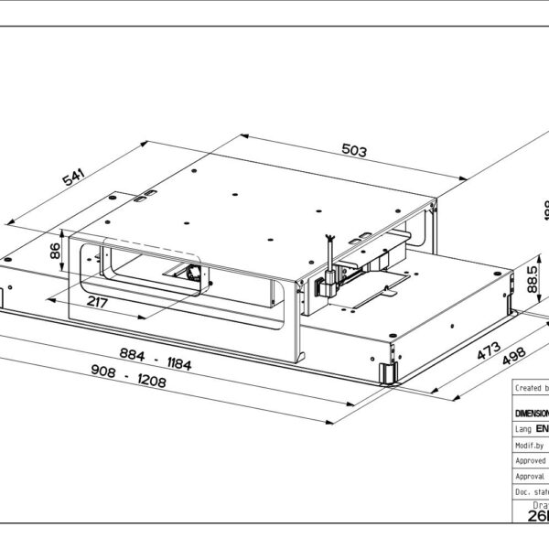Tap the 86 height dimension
click(x=55, y=250)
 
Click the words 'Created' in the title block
click(x=529, y=388)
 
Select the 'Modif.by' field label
click(x=530, y=444)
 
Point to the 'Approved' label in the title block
click(x=531, y=460)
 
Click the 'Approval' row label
click(x=531, y=476)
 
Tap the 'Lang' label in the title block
click(x=523, y=427)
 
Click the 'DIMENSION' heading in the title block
click(x=532, y=412)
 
